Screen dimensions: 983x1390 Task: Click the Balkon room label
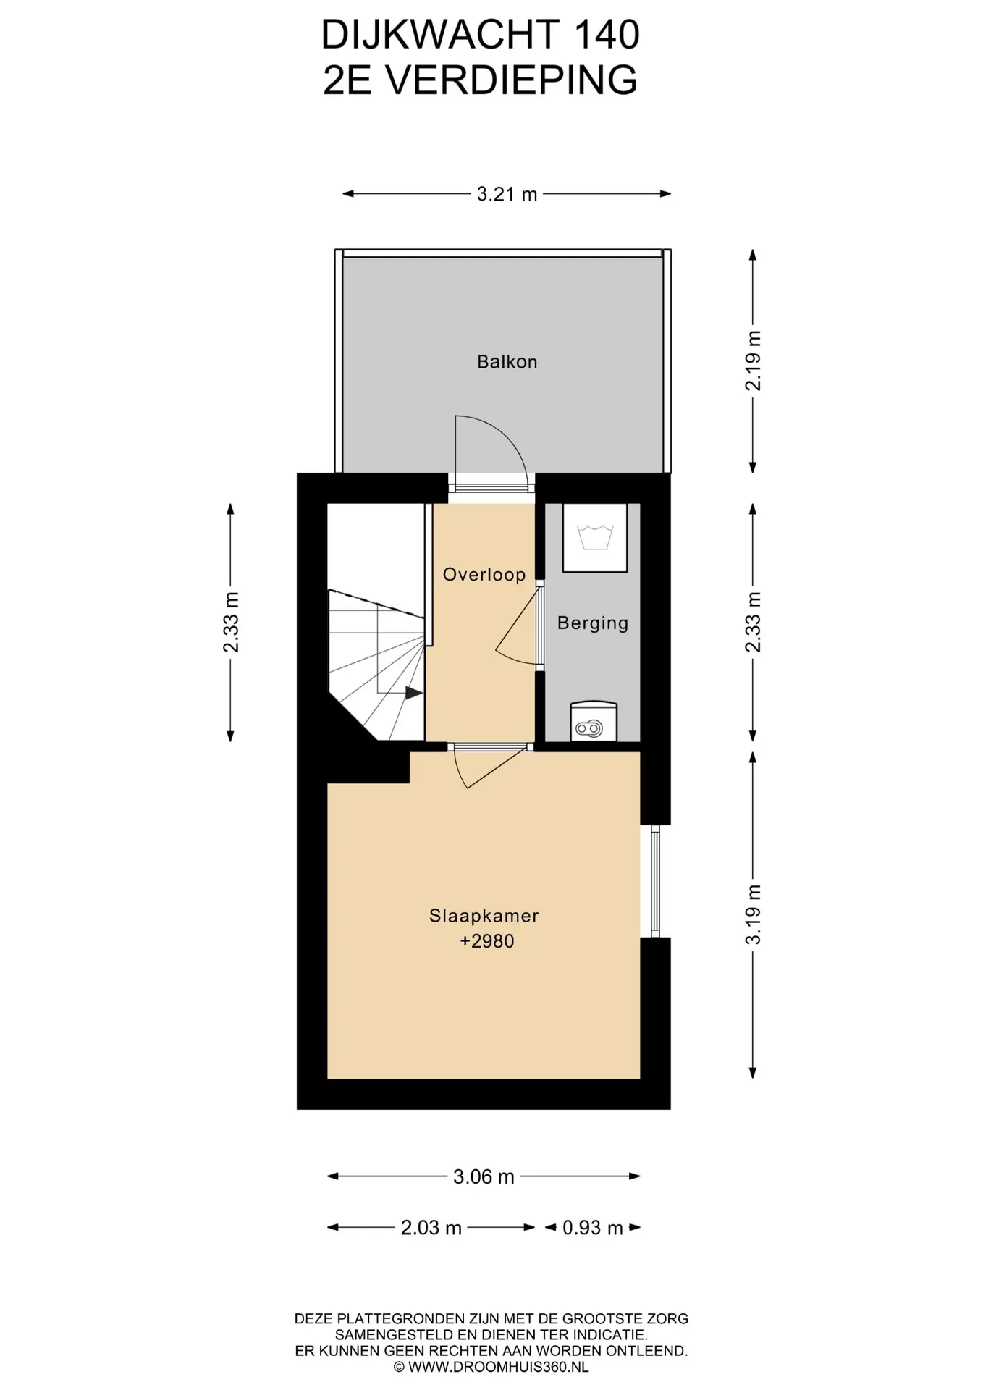[507, 361]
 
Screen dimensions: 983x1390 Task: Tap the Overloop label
[484, 575]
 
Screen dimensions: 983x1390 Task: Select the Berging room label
[593, 623]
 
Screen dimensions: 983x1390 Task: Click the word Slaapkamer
[484, 916]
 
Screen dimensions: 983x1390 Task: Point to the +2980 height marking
[486, 941]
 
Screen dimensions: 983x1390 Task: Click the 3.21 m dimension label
[507, 194]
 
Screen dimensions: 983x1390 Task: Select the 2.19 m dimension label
[754, 361]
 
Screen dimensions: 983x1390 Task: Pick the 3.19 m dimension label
[754, 914]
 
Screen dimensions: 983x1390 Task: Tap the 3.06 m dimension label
[484, 1177]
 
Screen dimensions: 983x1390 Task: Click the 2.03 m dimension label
[431, 1228]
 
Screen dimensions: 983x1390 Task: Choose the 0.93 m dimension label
[593, 1228]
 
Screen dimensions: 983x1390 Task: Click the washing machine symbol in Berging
[594, 538]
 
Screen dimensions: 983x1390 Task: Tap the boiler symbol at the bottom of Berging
[594, 721]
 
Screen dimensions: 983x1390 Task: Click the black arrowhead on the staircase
[413, 693]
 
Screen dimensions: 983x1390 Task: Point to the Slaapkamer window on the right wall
[655, 881]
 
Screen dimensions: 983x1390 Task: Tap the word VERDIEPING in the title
[511, 80]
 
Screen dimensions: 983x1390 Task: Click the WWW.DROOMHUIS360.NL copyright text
[491, 1368]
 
